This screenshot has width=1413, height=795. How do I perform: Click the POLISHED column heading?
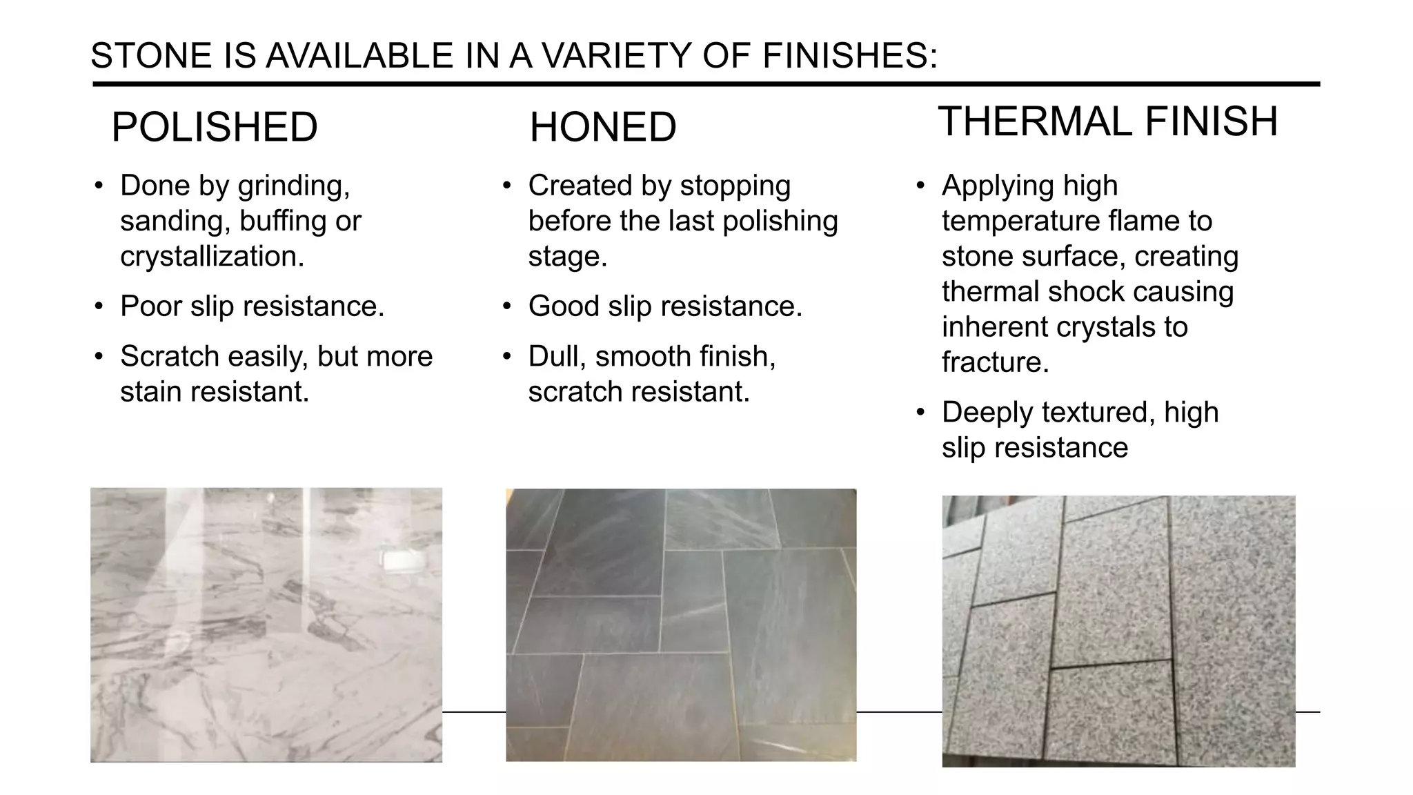pos(214,128)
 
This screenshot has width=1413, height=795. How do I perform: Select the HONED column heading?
pos(603,128)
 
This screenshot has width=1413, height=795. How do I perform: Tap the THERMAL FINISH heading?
pos(1107,122)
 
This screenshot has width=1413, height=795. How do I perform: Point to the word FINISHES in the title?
pos(849,56)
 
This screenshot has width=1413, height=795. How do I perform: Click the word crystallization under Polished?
pos(212,257)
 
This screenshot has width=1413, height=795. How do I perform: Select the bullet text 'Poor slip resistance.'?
pos(252,306)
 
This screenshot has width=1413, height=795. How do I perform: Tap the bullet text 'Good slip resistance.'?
pos(665,306)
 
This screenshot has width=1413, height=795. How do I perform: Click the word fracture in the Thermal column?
pos(995,362)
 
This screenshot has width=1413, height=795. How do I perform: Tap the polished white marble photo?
pos(266,625)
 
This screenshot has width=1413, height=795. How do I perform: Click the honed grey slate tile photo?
pos(681,625)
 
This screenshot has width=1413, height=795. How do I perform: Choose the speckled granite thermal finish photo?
pos(1118,631)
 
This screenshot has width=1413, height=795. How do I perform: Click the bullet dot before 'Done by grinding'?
pos(99,186)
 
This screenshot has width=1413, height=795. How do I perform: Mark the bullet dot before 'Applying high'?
pos(920,186)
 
